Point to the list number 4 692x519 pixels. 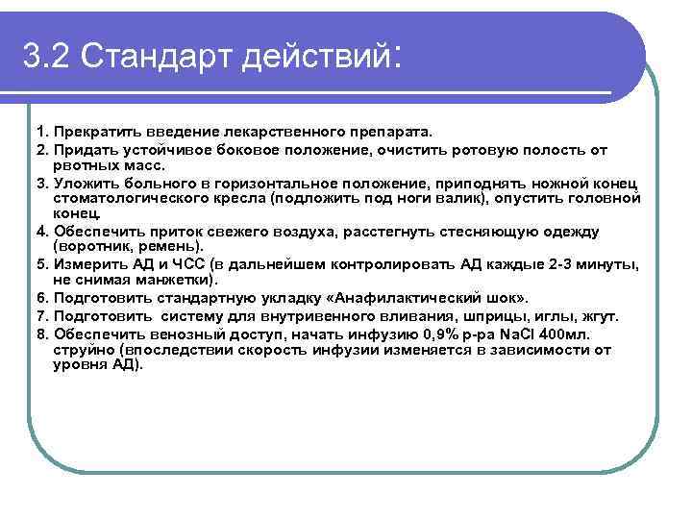point(41,232)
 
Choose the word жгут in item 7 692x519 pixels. point(599,315)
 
